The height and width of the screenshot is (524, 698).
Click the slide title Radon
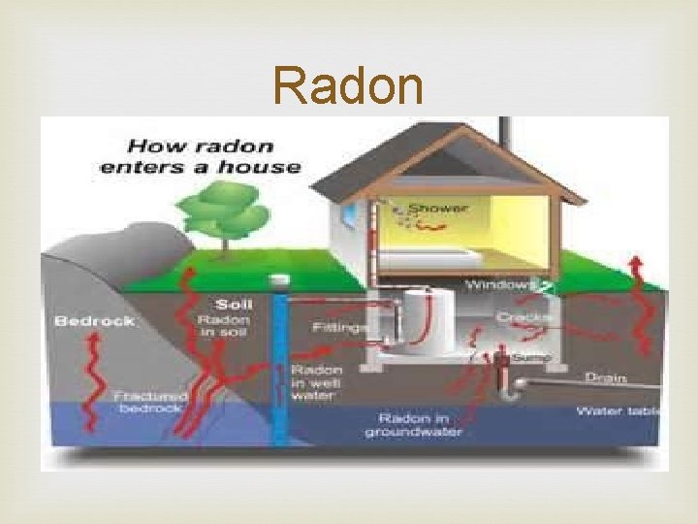pos(348,86)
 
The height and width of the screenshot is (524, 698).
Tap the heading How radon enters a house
pos(214,156)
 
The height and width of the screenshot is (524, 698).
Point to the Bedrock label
pos(94,321)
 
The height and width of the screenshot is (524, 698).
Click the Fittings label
pos(340,328)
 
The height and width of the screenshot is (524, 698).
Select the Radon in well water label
pos(316,383)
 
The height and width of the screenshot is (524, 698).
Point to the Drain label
pos(605,377)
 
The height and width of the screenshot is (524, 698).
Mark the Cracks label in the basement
pos(524,318)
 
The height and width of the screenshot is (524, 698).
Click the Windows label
pos(500,285)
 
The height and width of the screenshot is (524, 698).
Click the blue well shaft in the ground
pos(281,369)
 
